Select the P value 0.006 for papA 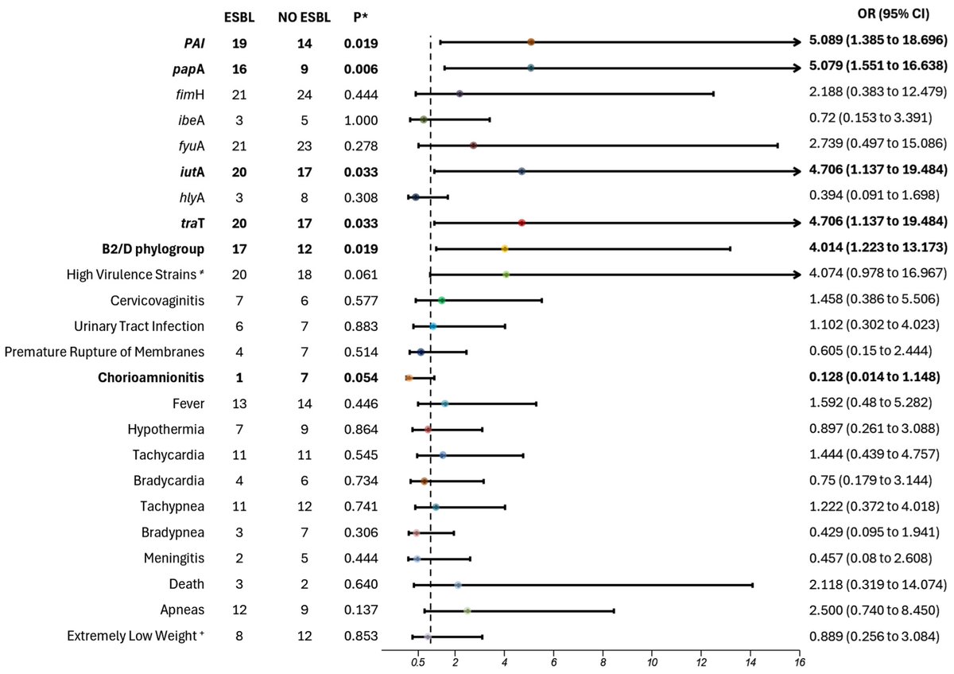360,69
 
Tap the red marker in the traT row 522,223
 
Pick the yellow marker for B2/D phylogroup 504,249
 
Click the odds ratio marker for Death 458,585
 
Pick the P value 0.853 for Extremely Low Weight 360,637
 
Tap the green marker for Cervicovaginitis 441,300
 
